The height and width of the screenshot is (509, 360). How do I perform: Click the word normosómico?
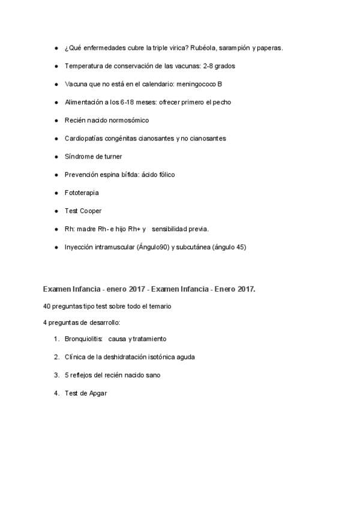124,120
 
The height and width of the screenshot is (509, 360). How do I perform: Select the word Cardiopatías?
84,139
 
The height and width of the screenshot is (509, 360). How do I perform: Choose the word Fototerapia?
82,193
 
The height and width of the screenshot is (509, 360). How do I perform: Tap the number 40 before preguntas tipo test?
47,306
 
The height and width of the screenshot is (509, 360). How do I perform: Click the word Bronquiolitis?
83,339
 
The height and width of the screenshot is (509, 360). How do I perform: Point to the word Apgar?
97,393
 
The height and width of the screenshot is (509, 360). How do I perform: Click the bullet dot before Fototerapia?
56,193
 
